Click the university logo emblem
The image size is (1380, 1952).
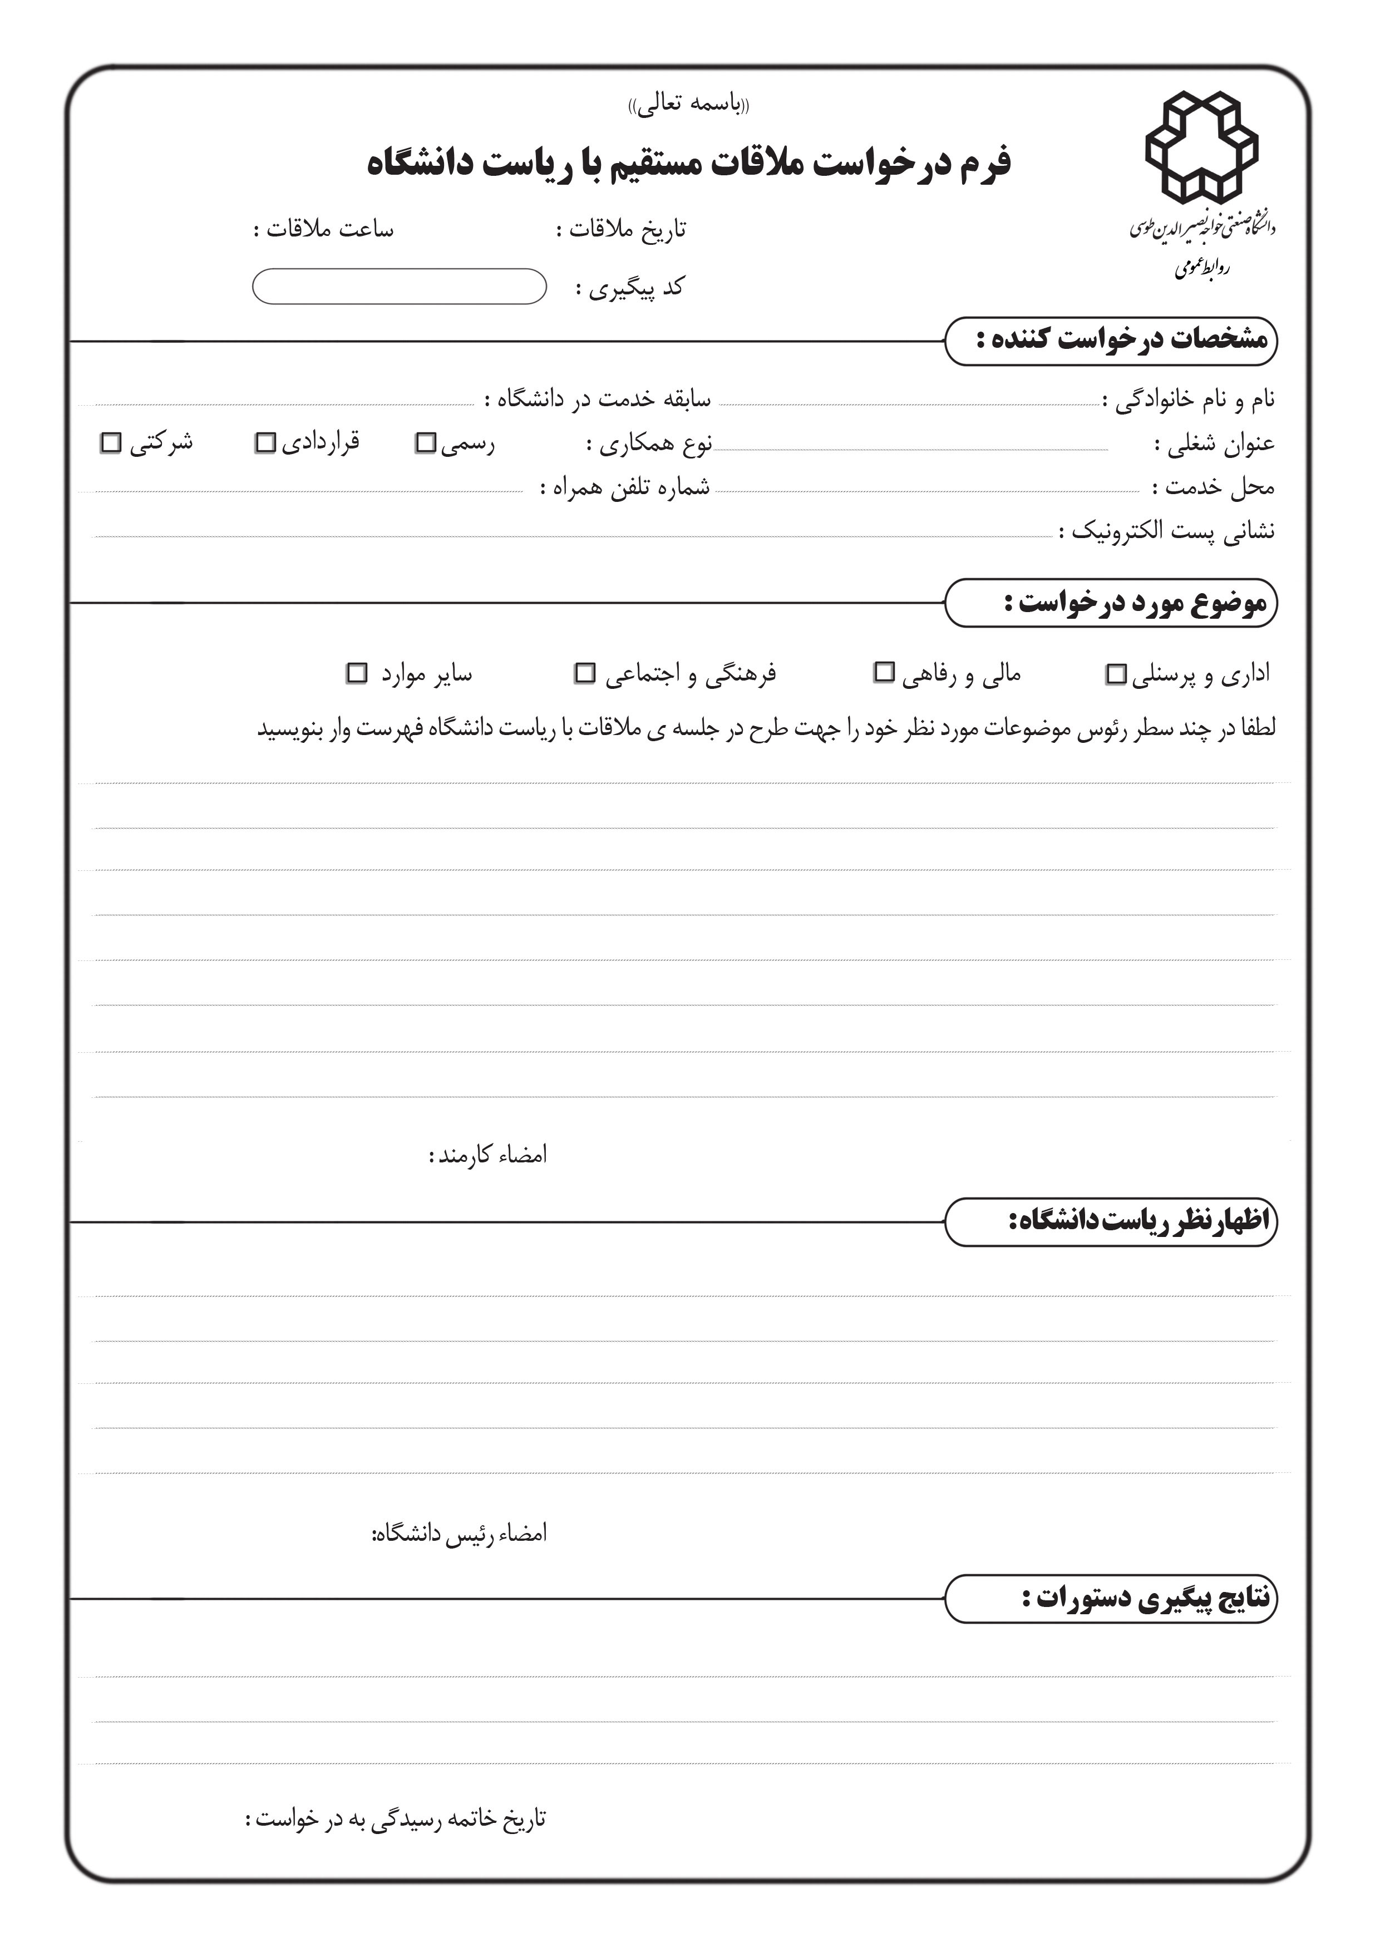(1201, 146)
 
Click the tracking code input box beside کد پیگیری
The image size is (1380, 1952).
(399, 287)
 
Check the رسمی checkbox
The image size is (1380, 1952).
(425, 443)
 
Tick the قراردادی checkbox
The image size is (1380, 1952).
(265, 443)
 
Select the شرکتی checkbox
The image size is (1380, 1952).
(111, 443)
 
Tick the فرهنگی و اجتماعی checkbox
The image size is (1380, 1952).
(585, 673)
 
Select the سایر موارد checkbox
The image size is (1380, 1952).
(357, 673)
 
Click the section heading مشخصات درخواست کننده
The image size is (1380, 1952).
(1121, 340)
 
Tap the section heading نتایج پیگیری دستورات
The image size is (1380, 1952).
(1145, 1598)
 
